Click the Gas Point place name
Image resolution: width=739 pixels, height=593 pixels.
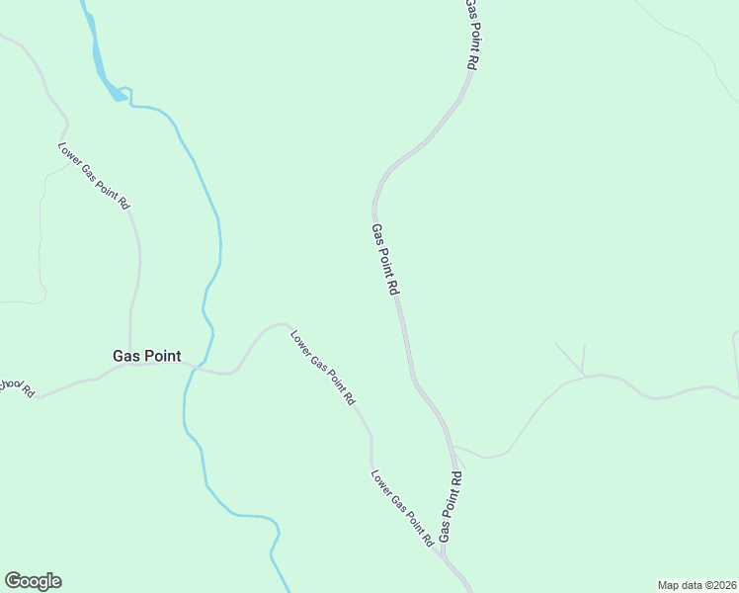pyautogui.click(x=146, y=356)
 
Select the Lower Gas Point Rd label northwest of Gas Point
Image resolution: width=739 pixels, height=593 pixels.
pyautogui.click(x=93, y=176)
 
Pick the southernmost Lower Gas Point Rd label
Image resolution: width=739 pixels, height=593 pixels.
pyautogui.click(x=403, y=508)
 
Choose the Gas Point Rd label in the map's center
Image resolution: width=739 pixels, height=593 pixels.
pyautogui.click(x=384, y=260)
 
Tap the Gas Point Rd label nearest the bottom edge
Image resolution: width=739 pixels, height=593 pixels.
pyautogui.click(x=451, y=505)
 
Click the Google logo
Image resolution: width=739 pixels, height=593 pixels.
pyautogui.click(x=33, y=581)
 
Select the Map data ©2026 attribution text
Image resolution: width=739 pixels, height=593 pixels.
pyautogui.click(x=697, y=584)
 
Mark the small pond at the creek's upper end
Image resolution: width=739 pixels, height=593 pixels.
pyautogui.click(x=120, y=94)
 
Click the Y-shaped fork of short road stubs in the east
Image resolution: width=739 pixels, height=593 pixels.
pyautogui.click(x=582, y=374)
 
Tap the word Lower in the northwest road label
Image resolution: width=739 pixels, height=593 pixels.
pyautogui.click(x=68, y=154)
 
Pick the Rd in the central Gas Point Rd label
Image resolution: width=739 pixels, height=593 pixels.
pyautogui.click(x=392, y=288)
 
